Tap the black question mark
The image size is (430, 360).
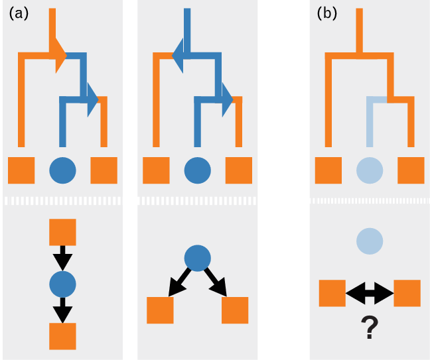coord(369,328)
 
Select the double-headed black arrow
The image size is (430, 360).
coord(369,293)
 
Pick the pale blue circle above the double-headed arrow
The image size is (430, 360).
coord(369,241)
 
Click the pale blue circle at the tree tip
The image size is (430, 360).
coord(370,170)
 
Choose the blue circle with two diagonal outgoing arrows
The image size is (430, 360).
coord(197,258)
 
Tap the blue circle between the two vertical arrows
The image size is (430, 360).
coord(62,284)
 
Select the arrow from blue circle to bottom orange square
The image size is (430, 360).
coord(62,310)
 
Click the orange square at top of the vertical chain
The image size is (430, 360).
coord(62,232)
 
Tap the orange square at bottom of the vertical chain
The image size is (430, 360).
coord(62,336)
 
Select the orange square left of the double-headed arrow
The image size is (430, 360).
coord(332,293)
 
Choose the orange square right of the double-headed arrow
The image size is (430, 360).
coord(407,293)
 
